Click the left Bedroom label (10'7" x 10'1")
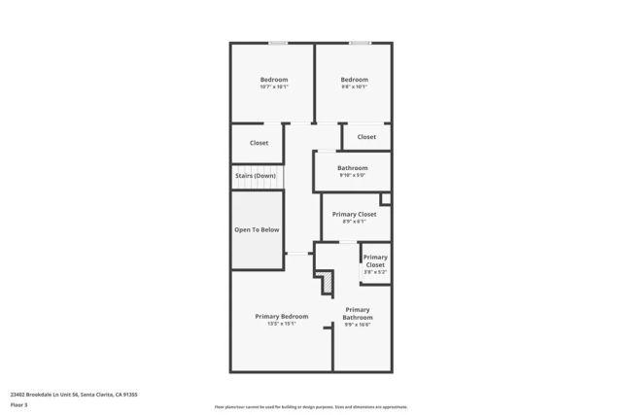[x=273, y=80]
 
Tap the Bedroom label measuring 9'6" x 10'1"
[x=354, y=80]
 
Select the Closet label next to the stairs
[x=259, y=143]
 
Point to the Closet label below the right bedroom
[x=366, y=137]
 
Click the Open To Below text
[x=257, y=229]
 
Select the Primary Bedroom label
[x=282, y=316]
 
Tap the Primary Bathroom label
[x=357, y=314]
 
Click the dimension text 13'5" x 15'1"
[x=282, y=324]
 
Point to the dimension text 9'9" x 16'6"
[x=357, y=326]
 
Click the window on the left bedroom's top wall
[x=277, y=42]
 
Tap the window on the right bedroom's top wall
[x=360, y=42]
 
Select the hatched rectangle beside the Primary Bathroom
[x=328, y=281]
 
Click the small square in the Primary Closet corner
[x=385, y=199]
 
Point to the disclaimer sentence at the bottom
[x=310, y=407]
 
